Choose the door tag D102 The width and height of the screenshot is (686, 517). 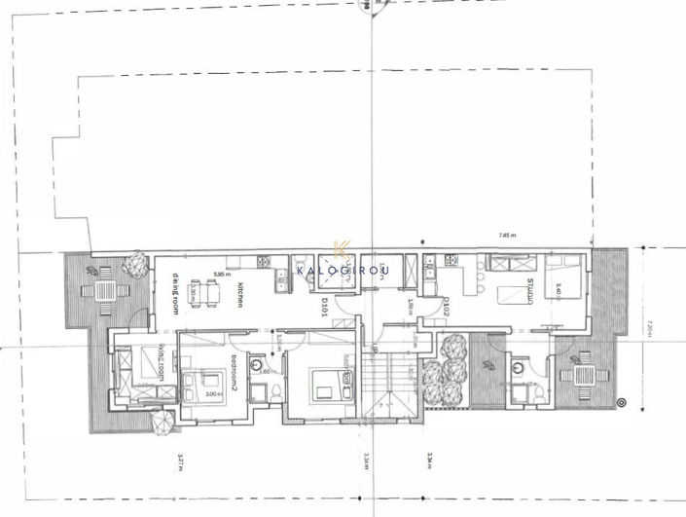click(x=445, y=308)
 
